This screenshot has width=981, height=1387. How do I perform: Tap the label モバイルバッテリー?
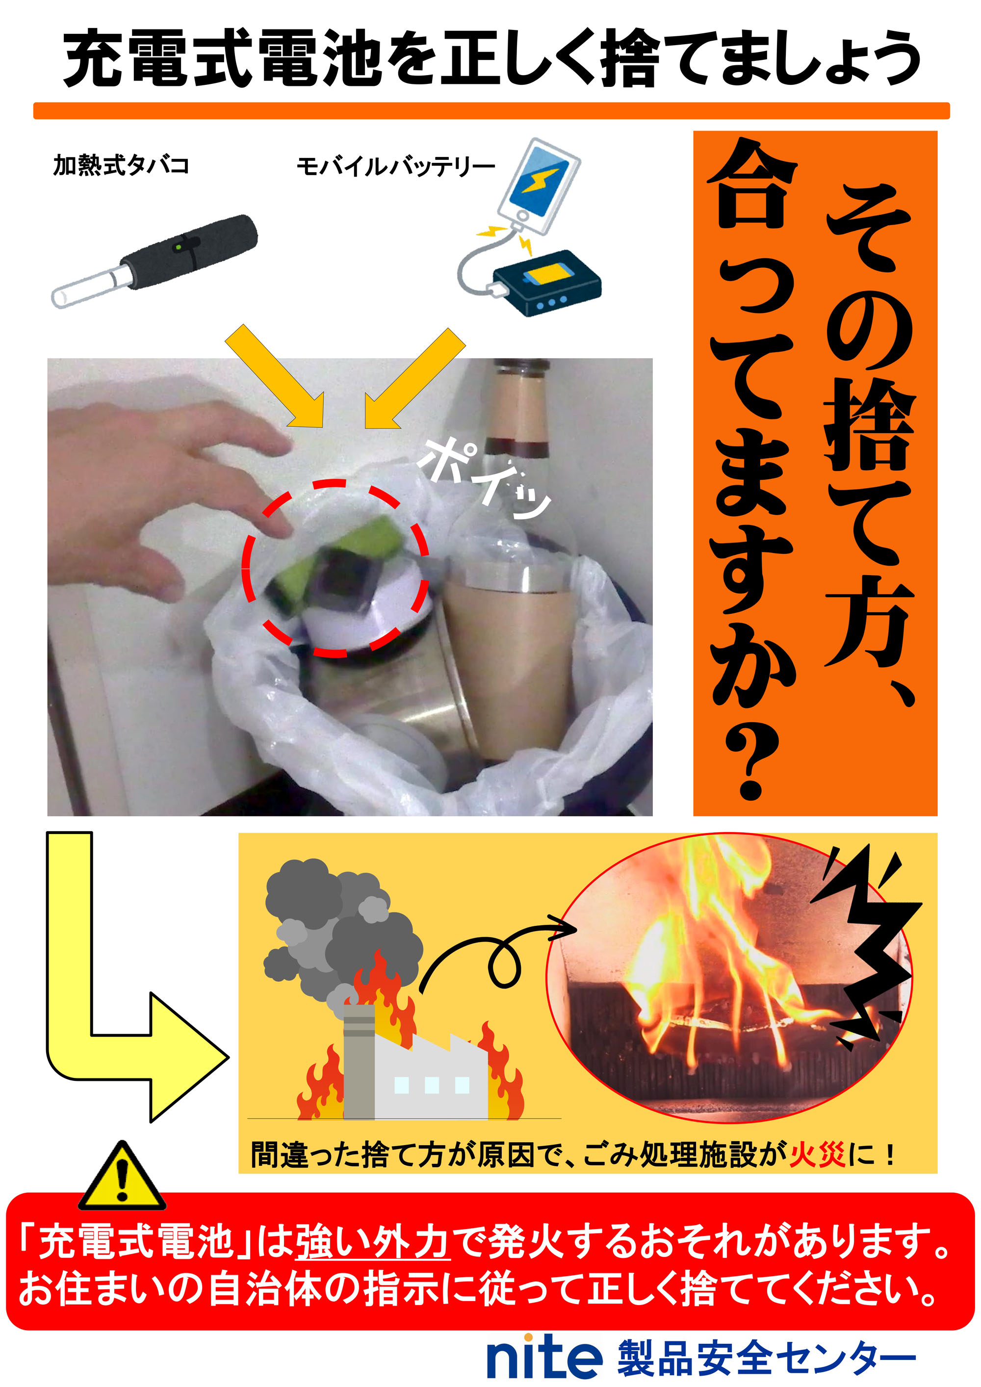(396, 166)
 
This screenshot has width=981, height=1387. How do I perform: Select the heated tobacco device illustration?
(155, 262)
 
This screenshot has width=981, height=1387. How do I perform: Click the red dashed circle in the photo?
(335, 568)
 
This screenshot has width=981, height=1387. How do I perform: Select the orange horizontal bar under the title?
(491, 110)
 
